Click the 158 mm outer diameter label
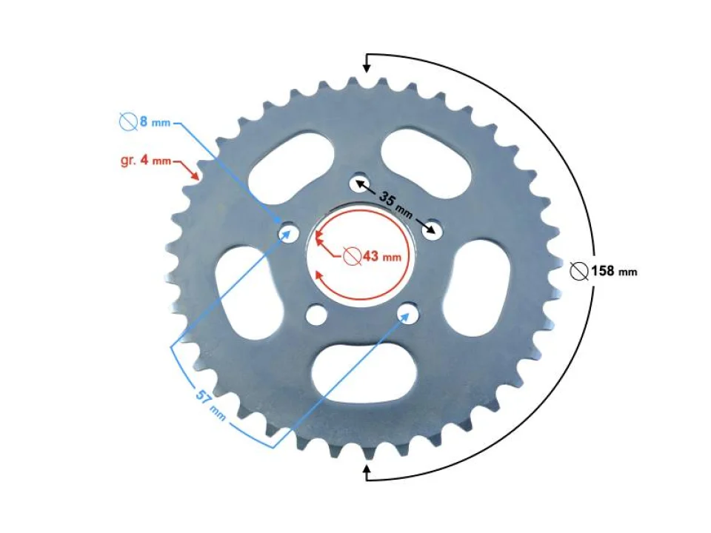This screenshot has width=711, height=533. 613,271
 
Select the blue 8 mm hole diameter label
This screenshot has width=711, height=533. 153,121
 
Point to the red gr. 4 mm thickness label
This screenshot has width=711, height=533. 145,160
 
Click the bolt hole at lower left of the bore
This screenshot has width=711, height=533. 316,314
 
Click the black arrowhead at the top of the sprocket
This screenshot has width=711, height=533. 366,70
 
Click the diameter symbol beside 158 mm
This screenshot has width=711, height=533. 579,271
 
